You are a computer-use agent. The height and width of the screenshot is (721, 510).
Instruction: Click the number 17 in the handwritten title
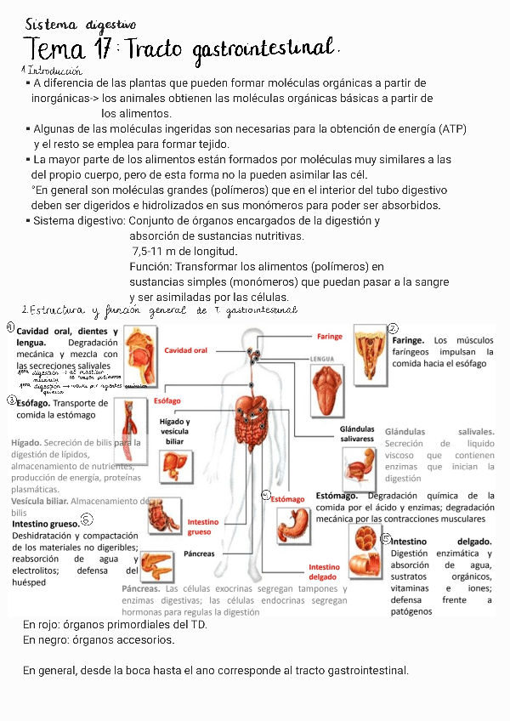[102, 50]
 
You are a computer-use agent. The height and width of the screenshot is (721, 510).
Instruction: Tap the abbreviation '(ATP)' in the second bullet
[450, 129]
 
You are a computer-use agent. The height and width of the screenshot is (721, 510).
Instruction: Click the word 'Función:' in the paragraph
[150, 267]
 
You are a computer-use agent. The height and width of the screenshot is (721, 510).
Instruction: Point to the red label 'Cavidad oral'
[186, 350]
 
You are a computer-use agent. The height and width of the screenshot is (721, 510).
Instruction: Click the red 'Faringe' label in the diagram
[329, 337]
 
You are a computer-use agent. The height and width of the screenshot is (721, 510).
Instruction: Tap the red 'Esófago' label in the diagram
[167, 400]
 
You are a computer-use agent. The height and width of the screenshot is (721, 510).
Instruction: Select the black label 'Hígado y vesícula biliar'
[174, 432]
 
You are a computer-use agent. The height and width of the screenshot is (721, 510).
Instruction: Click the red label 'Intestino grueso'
[203, 527]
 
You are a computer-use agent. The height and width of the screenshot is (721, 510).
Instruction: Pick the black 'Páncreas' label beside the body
[199, 554]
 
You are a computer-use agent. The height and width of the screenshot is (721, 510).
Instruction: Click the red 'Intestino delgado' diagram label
[324, 572]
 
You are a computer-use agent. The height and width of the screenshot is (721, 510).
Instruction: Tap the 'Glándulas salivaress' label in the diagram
[357, 434]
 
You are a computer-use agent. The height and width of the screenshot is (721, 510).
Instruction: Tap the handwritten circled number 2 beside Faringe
[393, 329]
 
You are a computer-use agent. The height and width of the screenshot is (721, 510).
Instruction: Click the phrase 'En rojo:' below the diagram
[43, 625]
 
